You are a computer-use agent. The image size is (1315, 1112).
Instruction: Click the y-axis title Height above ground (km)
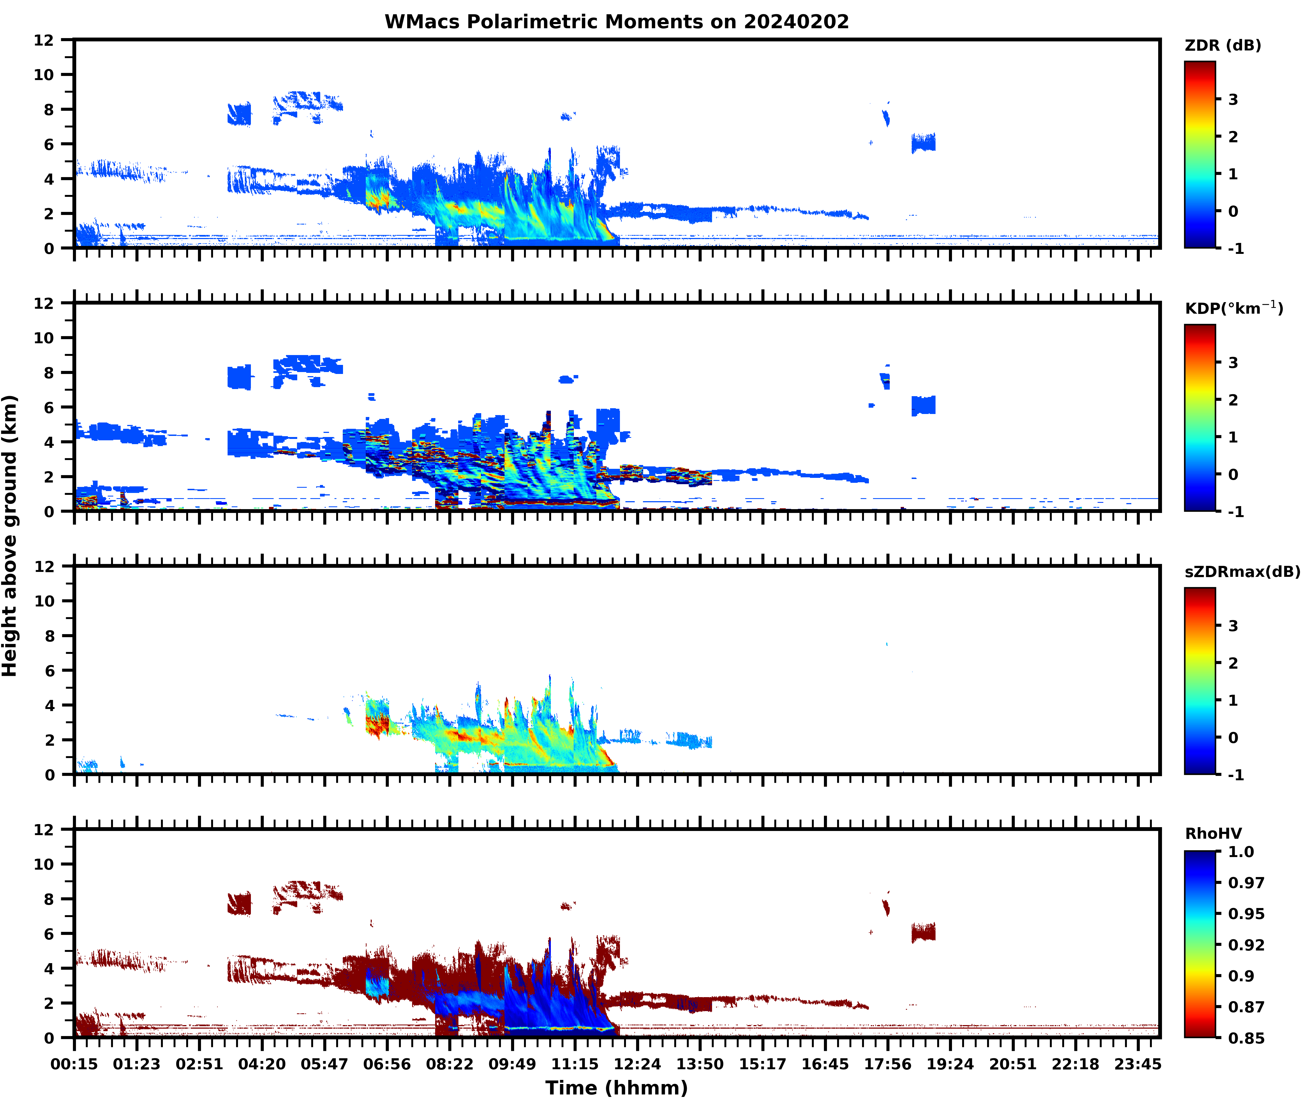pyautogui.click(x=10, y=536)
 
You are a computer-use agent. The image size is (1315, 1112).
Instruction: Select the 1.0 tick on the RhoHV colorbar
pyautogui.click(x=1241, y=852)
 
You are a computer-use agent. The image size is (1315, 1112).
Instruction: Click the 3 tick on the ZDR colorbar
pyautogui.click(x=1233, y=100)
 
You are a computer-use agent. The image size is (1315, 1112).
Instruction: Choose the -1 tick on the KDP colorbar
pyautogui.click(x=1235, y=512)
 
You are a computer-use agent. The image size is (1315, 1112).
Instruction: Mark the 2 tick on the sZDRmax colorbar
pyautogui.click(x=1233, y=663)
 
